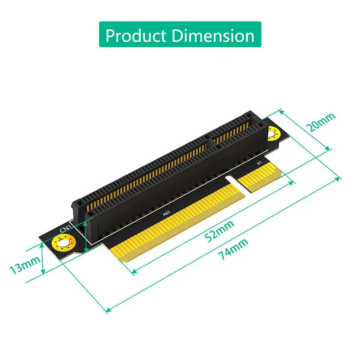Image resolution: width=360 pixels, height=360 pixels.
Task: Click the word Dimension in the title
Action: pyautogui.click(x=211, y=35)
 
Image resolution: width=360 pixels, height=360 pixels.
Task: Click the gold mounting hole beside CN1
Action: pyautogui.click(x=61, y=245)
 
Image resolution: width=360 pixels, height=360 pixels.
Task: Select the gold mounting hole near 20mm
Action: pyautogui.click(x=273, y=133)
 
